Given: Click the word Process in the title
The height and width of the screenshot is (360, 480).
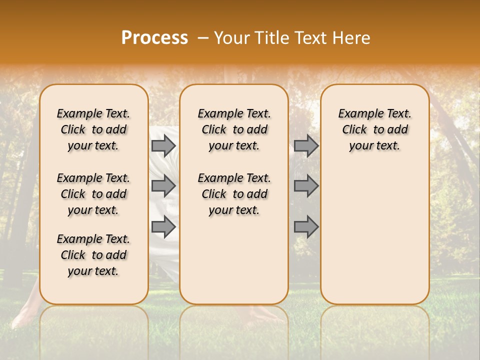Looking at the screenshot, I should pyautogui.click(x=154, y=38).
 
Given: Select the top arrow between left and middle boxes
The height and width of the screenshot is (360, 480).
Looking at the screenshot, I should pyautogui.click(x=163, y=145).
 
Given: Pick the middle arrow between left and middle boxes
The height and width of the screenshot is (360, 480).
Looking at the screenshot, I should pyautogui.click(x=163, y=186).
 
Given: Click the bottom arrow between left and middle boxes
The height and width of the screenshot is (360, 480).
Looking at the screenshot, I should pyautogui.click(x=163, y=227).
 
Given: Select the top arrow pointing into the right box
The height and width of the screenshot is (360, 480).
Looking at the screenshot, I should pyautogui.click(x=306, y=145).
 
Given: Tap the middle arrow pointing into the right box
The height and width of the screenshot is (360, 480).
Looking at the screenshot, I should pyautogui.click(x=306, y=186).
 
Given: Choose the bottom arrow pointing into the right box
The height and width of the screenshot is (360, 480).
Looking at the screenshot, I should pyautogui.click(x=306, y=227).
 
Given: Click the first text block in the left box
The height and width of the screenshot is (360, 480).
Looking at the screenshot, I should pyautogui.click(x=93, y=129).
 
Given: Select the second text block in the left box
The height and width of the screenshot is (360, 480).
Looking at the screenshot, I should pyautogui.click(x=93, y=194).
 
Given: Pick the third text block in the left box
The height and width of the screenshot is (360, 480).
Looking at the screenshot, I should pyautogui.click(x=93, y=255).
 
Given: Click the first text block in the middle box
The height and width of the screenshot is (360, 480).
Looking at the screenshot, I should pyautogui.click(x=234, y=129).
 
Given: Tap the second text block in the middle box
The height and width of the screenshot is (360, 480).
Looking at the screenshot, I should pyautogui.click(x=234, y=194).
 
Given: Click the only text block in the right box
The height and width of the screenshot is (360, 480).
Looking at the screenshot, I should pyautogui.click(x=375, y=129).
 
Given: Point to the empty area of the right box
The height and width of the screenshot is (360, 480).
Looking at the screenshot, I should pyautogui.click(x=375, y=230).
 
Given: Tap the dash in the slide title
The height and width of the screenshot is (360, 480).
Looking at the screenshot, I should pyautogui.click(x=203, y=38).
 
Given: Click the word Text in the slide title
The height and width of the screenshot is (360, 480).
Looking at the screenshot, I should pyautogui.click(x=309, y=38).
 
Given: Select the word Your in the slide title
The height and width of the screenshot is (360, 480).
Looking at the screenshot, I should pyautogui.click(x=232, y=38).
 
